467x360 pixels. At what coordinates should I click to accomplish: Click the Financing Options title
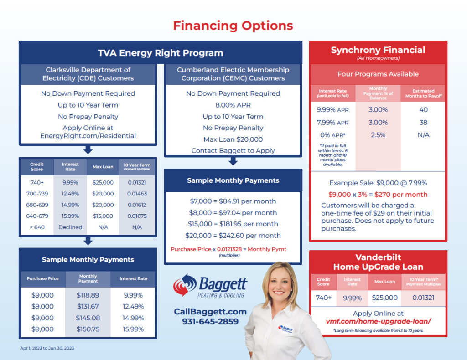pos(233,26)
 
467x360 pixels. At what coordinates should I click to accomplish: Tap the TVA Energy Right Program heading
pos(161,53)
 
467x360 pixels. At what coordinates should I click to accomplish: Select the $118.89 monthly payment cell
pos(88,295)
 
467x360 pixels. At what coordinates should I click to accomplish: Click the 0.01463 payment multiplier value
pos(137,194)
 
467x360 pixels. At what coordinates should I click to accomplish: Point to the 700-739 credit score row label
pos(37,194)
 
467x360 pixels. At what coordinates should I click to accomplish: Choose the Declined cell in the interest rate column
pos(70,227)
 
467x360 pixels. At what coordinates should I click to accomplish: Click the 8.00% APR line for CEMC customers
pos(233,105)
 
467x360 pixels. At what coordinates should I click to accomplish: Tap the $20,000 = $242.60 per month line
pos(233,236)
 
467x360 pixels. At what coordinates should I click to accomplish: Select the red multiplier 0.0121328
pos(229,249)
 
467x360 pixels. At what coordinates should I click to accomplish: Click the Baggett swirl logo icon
pos(185,285)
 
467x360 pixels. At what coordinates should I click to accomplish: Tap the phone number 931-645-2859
pos(210,322)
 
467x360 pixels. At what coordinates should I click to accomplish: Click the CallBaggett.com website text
pos(210,312)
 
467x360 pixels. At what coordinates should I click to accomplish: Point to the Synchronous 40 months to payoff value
pos(423,110)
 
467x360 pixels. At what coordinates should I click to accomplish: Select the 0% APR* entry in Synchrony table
pos(332,135)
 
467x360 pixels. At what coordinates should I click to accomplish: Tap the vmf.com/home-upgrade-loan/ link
pos(378,322)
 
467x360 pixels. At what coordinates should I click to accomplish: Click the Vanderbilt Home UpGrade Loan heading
pos(378,262)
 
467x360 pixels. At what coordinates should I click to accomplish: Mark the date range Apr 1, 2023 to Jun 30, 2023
pos(47,348)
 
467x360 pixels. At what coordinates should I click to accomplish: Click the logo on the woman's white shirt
pos(285,329)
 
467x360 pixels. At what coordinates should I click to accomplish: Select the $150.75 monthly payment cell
pos(88,329)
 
